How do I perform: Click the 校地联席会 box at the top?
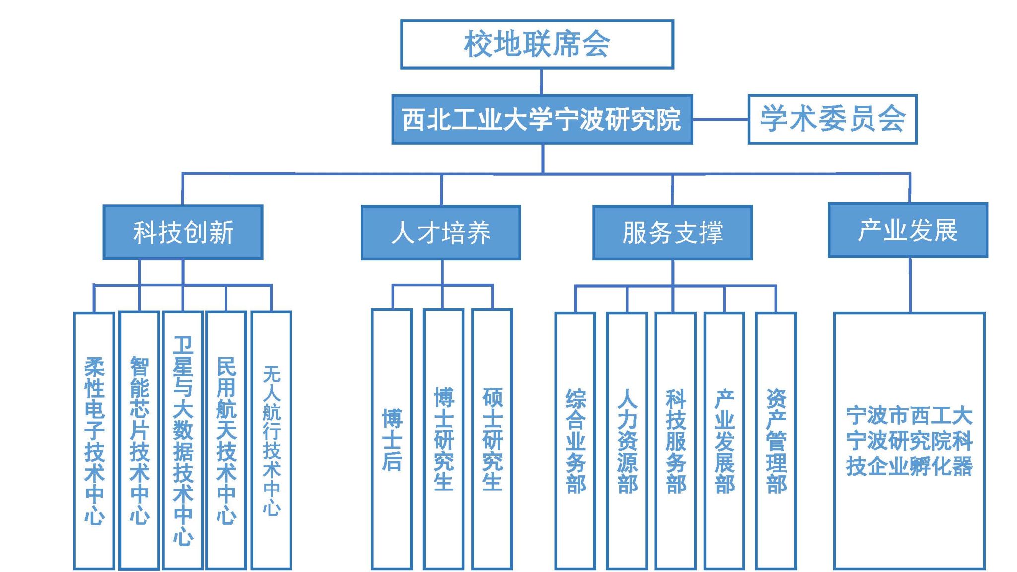537,44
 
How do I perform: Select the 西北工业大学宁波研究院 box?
542,120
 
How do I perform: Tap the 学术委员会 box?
832,119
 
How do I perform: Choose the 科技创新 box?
183,232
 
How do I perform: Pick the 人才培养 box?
440,233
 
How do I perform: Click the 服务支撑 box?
672,233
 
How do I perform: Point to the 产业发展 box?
908,230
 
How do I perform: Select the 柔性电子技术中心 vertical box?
94,440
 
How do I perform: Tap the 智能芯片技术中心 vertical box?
140,440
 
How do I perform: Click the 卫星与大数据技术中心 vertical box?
183,440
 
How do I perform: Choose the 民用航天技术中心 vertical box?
226,440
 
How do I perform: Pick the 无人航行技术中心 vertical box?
271,440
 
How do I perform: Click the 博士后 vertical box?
392,439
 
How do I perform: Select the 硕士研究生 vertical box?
492,439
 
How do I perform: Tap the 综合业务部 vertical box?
575,441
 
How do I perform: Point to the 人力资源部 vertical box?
627,441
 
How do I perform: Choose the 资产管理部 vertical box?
776,441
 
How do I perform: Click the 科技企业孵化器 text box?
909,441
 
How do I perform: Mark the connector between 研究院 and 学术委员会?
720,119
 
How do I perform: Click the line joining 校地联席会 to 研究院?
541,82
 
